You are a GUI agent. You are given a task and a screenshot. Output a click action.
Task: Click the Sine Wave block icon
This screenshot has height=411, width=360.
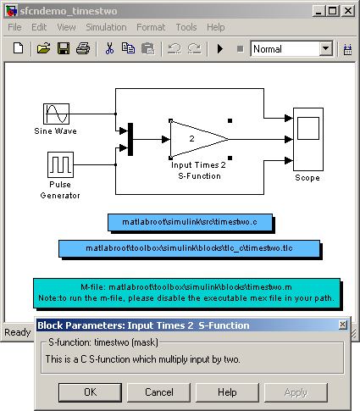click(56, 114)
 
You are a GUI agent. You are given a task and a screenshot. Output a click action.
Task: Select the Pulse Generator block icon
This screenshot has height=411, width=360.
click(60, 164)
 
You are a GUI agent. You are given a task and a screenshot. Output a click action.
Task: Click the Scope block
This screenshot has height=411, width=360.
click(308, 139)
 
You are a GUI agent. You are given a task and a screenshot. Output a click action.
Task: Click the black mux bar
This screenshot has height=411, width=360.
click(130, 139)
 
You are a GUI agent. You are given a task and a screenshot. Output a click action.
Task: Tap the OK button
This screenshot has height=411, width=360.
click(91, 392)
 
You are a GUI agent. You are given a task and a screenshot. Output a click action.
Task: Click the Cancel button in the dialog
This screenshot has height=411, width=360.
click(159, 392)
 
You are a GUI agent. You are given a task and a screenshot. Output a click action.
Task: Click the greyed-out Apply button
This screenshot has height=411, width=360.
click(296, 392)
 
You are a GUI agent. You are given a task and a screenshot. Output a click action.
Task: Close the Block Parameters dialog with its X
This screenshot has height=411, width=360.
click(343, 325)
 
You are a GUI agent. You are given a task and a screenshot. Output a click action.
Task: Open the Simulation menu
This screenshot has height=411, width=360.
click(106, 27)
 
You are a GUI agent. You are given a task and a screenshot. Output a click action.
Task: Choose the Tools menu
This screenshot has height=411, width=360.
click(186, 27)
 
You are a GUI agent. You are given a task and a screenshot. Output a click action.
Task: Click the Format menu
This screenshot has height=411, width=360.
click(151, 27)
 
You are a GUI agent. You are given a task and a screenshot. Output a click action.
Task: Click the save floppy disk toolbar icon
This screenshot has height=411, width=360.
click(64, 48)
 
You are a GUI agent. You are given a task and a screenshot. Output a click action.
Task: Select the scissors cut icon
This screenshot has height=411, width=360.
click(109, 48)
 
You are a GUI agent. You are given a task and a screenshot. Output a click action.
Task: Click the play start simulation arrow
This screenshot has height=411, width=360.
click(220, 49)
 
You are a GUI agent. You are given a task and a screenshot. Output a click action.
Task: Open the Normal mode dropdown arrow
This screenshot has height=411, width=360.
click(326, 48)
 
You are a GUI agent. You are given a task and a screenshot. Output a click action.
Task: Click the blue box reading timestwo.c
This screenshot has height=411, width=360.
click(190, 222)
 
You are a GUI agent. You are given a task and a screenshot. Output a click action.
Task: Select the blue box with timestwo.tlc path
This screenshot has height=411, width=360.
click(189, 248)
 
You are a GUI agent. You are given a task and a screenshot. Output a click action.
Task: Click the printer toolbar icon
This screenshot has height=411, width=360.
click(83, 48)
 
